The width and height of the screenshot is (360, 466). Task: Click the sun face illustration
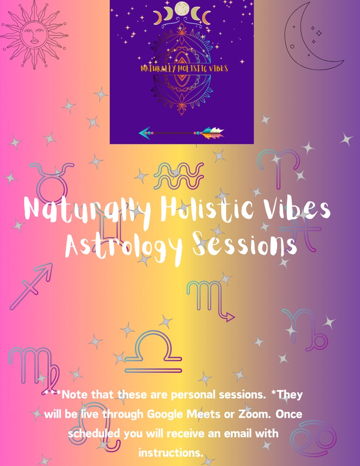(34, 35)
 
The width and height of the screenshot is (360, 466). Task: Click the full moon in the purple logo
(181, 8)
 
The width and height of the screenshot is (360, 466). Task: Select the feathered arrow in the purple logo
(181, 133)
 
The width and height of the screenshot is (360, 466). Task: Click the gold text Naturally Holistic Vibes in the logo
(184, 69)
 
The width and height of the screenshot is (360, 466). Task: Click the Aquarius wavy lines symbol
(179, 176)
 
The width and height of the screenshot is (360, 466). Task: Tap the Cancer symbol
(313, 439)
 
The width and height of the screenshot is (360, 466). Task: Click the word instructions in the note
(170, 453)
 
